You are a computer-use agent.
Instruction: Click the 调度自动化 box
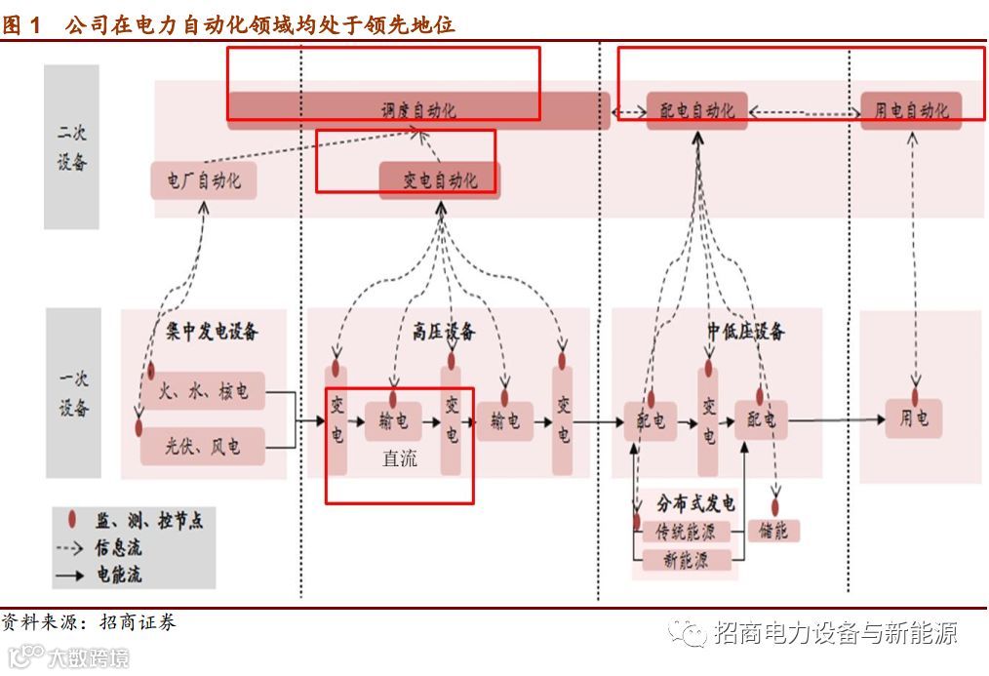[x=418, y=110]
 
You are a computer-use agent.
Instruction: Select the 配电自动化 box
[x=697, y=110]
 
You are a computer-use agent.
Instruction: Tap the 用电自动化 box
[x=911, y=110]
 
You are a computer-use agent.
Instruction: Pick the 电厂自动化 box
[x=204, y=180]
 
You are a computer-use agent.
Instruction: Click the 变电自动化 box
[x=440, y=180]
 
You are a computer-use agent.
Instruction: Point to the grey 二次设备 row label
[x=72, y=147]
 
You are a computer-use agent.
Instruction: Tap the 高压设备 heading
[x=444, y=332]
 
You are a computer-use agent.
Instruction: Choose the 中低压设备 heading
[x=746, y=332]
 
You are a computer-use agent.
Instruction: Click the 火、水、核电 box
[x=203, y=392]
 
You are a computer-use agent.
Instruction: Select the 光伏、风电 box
[x=203, y=447]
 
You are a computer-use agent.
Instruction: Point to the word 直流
[x=399, y=458]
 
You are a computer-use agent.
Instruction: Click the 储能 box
[x=773, y=532]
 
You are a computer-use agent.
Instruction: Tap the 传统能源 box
[x=687, y=533]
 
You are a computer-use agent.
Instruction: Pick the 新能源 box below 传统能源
[x=687, y=560]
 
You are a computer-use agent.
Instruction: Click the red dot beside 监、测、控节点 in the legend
[x=71, y=520]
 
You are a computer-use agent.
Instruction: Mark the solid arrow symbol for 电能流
[x=69, y=576]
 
